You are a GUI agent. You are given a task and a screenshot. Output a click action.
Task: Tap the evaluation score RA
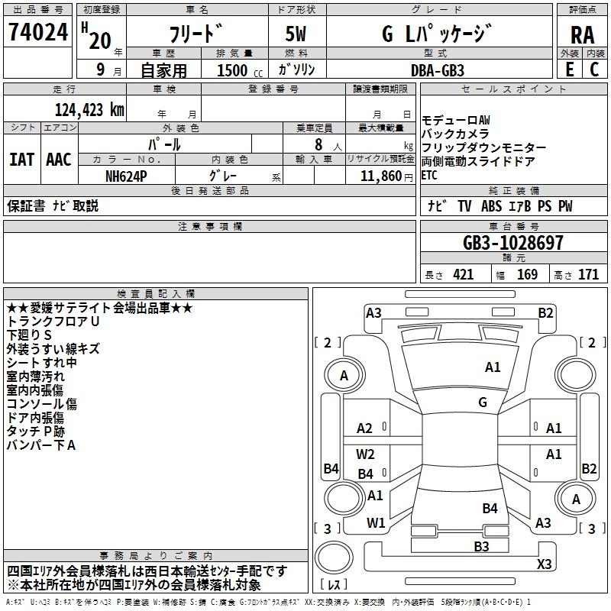point(582,36)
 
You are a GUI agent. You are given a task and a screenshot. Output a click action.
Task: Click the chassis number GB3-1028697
point(513,243)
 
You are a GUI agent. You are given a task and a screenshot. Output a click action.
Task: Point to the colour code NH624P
point(127,176)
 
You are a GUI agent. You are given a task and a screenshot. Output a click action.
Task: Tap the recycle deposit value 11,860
point(379,176)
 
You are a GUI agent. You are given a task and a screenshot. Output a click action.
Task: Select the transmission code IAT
point(22,160)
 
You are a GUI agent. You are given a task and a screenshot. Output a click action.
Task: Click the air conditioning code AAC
point(59,160)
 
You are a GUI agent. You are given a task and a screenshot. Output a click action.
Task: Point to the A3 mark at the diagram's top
point(373,312)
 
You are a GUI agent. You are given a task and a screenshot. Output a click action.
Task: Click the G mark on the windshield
point(482,402)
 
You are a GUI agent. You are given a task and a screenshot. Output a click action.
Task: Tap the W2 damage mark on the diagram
point(366,454)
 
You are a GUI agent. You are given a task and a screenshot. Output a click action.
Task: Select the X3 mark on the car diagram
point(544,564)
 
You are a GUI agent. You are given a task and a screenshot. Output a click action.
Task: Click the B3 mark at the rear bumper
point(481,546)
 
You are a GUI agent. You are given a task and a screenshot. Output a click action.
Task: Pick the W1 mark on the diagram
point(376,523)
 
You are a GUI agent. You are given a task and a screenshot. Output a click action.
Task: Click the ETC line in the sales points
point(431,175)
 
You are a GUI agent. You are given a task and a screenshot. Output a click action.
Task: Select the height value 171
point(588,275)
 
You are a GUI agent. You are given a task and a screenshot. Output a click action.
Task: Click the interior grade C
point(594,69)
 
